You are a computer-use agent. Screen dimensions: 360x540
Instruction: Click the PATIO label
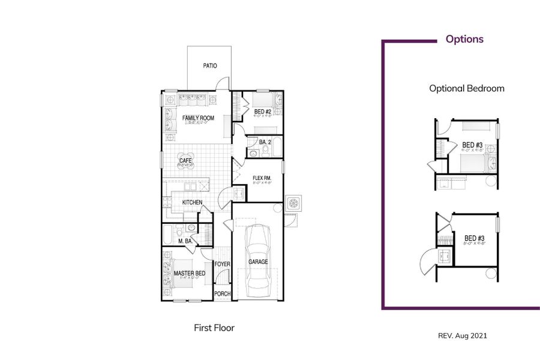coord(209,66)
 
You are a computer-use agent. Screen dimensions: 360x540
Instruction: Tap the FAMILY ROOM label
coord(198,118)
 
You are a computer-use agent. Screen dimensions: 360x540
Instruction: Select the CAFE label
coord(185,161)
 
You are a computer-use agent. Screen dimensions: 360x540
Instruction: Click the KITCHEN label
coord(192,203)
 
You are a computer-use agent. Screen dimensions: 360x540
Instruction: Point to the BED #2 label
coord(263,112)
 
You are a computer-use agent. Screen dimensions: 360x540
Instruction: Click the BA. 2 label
coord(266,142)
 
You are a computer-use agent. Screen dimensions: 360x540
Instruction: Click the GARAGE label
coord(258,262)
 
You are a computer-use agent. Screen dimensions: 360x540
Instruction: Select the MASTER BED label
coord(189,274)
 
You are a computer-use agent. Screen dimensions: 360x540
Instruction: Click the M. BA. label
coord(185,241)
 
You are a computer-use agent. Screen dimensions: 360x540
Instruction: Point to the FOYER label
coord(222,264)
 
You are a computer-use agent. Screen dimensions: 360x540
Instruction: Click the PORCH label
coord(222,294)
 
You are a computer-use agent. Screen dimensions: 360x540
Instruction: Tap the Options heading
coord(464,40)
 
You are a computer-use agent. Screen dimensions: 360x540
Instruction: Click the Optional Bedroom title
coord(466,88)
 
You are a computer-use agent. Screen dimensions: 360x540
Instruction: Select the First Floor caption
coord(214,328)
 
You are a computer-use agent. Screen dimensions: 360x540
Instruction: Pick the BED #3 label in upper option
coord(472,145)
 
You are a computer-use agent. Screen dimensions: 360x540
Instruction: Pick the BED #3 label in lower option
coord(474,239)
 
